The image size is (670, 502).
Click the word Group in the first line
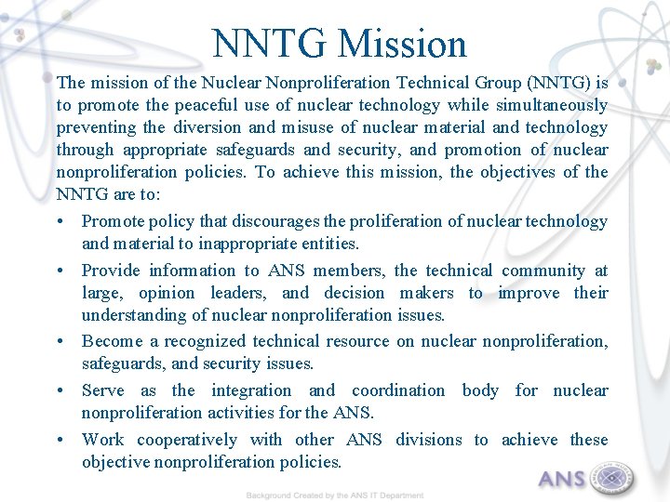[478, 83]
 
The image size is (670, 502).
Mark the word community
[544, 271]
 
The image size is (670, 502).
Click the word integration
[250, 390]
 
